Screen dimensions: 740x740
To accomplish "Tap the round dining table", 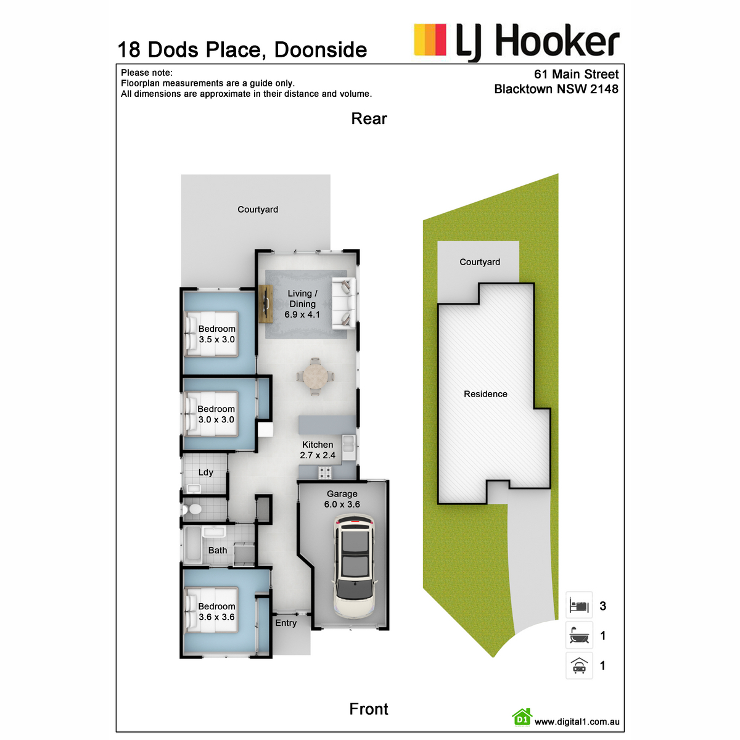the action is (315, 377).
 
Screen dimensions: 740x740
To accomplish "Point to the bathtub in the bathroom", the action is (192, 545).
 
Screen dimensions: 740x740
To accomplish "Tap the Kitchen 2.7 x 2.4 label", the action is (318, 450).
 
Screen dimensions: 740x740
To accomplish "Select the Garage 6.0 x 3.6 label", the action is (342, 499).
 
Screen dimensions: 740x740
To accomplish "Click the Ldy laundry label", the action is (205, 472).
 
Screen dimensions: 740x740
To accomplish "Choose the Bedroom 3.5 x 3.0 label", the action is (216, 334).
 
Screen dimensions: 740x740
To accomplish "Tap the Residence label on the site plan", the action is (485, 394).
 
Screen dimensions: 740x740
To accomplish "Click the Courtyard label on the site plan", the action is (480, 262).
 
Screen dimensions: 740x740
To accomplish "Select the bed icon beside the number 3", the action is (579, 606).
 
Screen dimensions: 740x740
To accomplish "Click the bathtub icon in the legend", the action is (579, 635).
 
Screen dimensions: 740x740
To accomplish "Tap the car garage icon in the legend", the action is (579, 665).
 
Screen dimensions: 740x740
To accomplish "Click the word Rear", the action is (369, 118).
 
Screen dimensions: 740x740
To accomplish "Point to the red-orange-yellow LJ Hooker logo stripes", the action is (430, 40).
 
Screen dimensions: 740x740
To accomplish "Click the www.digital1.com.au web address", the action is (577, 722).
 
